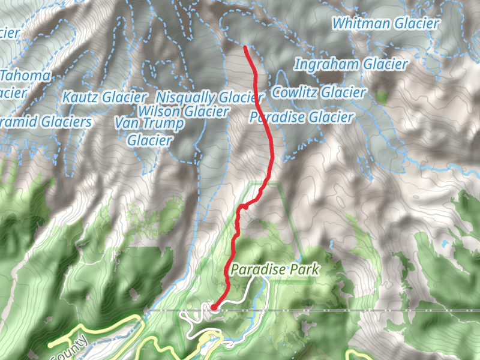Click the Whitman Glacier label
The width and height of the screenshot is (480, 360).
[x=386, y=24]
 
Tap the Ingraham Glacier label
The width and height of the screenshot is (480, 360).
[x=352, y=64]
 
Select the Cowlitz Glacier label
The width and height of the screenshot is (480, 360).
[x=319, y=92]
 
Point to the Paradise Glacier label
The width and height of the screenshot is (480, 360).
[x=301, y=117]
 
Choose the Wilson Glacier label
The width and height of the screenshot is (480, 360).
[x=183, y=112]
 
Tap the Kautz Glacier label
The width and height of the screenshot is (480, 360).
[x=104, y=97]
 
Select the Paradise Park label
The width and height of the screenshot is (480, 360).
[x=274, y=270]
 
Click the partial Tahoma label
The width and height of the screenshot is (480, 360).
[x=25, y=76]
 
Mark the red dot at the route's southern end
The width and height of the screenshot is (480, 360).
[x=214, y=308]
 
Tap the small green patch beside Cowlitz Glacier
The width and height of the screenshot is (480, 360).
[x=382, y=95]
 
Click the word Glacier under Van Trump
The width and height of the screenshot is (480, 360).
[x=150, y=140]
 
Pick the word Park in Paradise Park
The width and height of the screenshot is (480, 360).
[x=304, y=270]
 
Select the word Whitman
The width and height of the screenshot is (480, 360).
[x=362, y=24]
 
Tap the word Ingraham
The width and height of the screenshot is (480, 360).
[x=326, y=64]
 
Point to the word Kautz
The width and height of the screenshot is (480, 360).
[x=80, y=97]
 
